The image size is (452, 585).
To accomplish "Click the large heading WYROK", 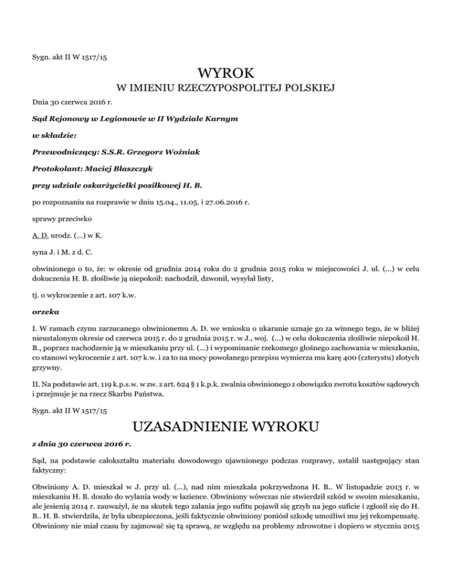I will point(226,74).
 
